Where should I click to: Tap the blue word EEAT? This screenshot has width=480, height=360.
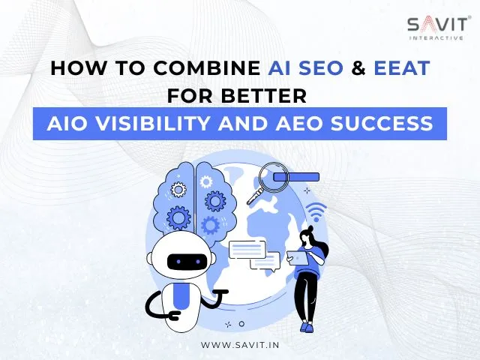pos(402,68)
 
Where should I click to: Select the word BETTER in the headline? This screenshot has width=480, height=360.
pos(263,95)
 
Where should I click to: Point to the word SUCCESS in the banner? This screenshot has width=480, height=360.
pos(382,124)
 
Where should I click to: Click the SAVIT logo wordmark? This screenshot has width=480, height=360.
pos(438,25)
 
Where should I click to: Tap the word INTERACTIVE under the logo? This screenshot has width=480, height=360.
pos(436,38)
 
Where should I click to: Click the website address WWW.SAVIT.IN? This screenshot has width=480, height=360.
pos(240,345)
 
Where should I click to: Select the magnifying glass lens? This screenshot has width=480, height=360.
pos(273,177)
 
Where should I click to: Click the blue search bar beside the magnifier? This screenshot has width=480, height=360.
pos(296,177)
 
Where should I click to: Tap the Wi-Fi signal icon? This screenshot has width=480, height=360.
pos(316,211)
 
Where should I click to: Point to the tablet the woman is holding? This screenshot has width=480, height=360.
pos(298,258)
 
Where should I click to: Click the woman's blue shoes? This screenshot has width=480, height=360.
pos(306,327)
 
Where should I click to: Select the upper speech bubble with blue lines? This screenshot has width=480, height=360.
pos(247,250)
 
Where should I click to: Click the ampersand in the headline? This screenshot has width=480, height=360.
pos(358,68)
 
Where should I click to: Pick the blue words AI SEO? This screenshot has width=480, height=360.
pos(305,68)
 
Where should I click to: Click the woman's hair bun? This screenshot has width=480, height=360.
pos(310,228)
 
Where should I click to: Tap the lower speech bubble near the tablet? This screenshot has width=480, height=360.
pos(265,261)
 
